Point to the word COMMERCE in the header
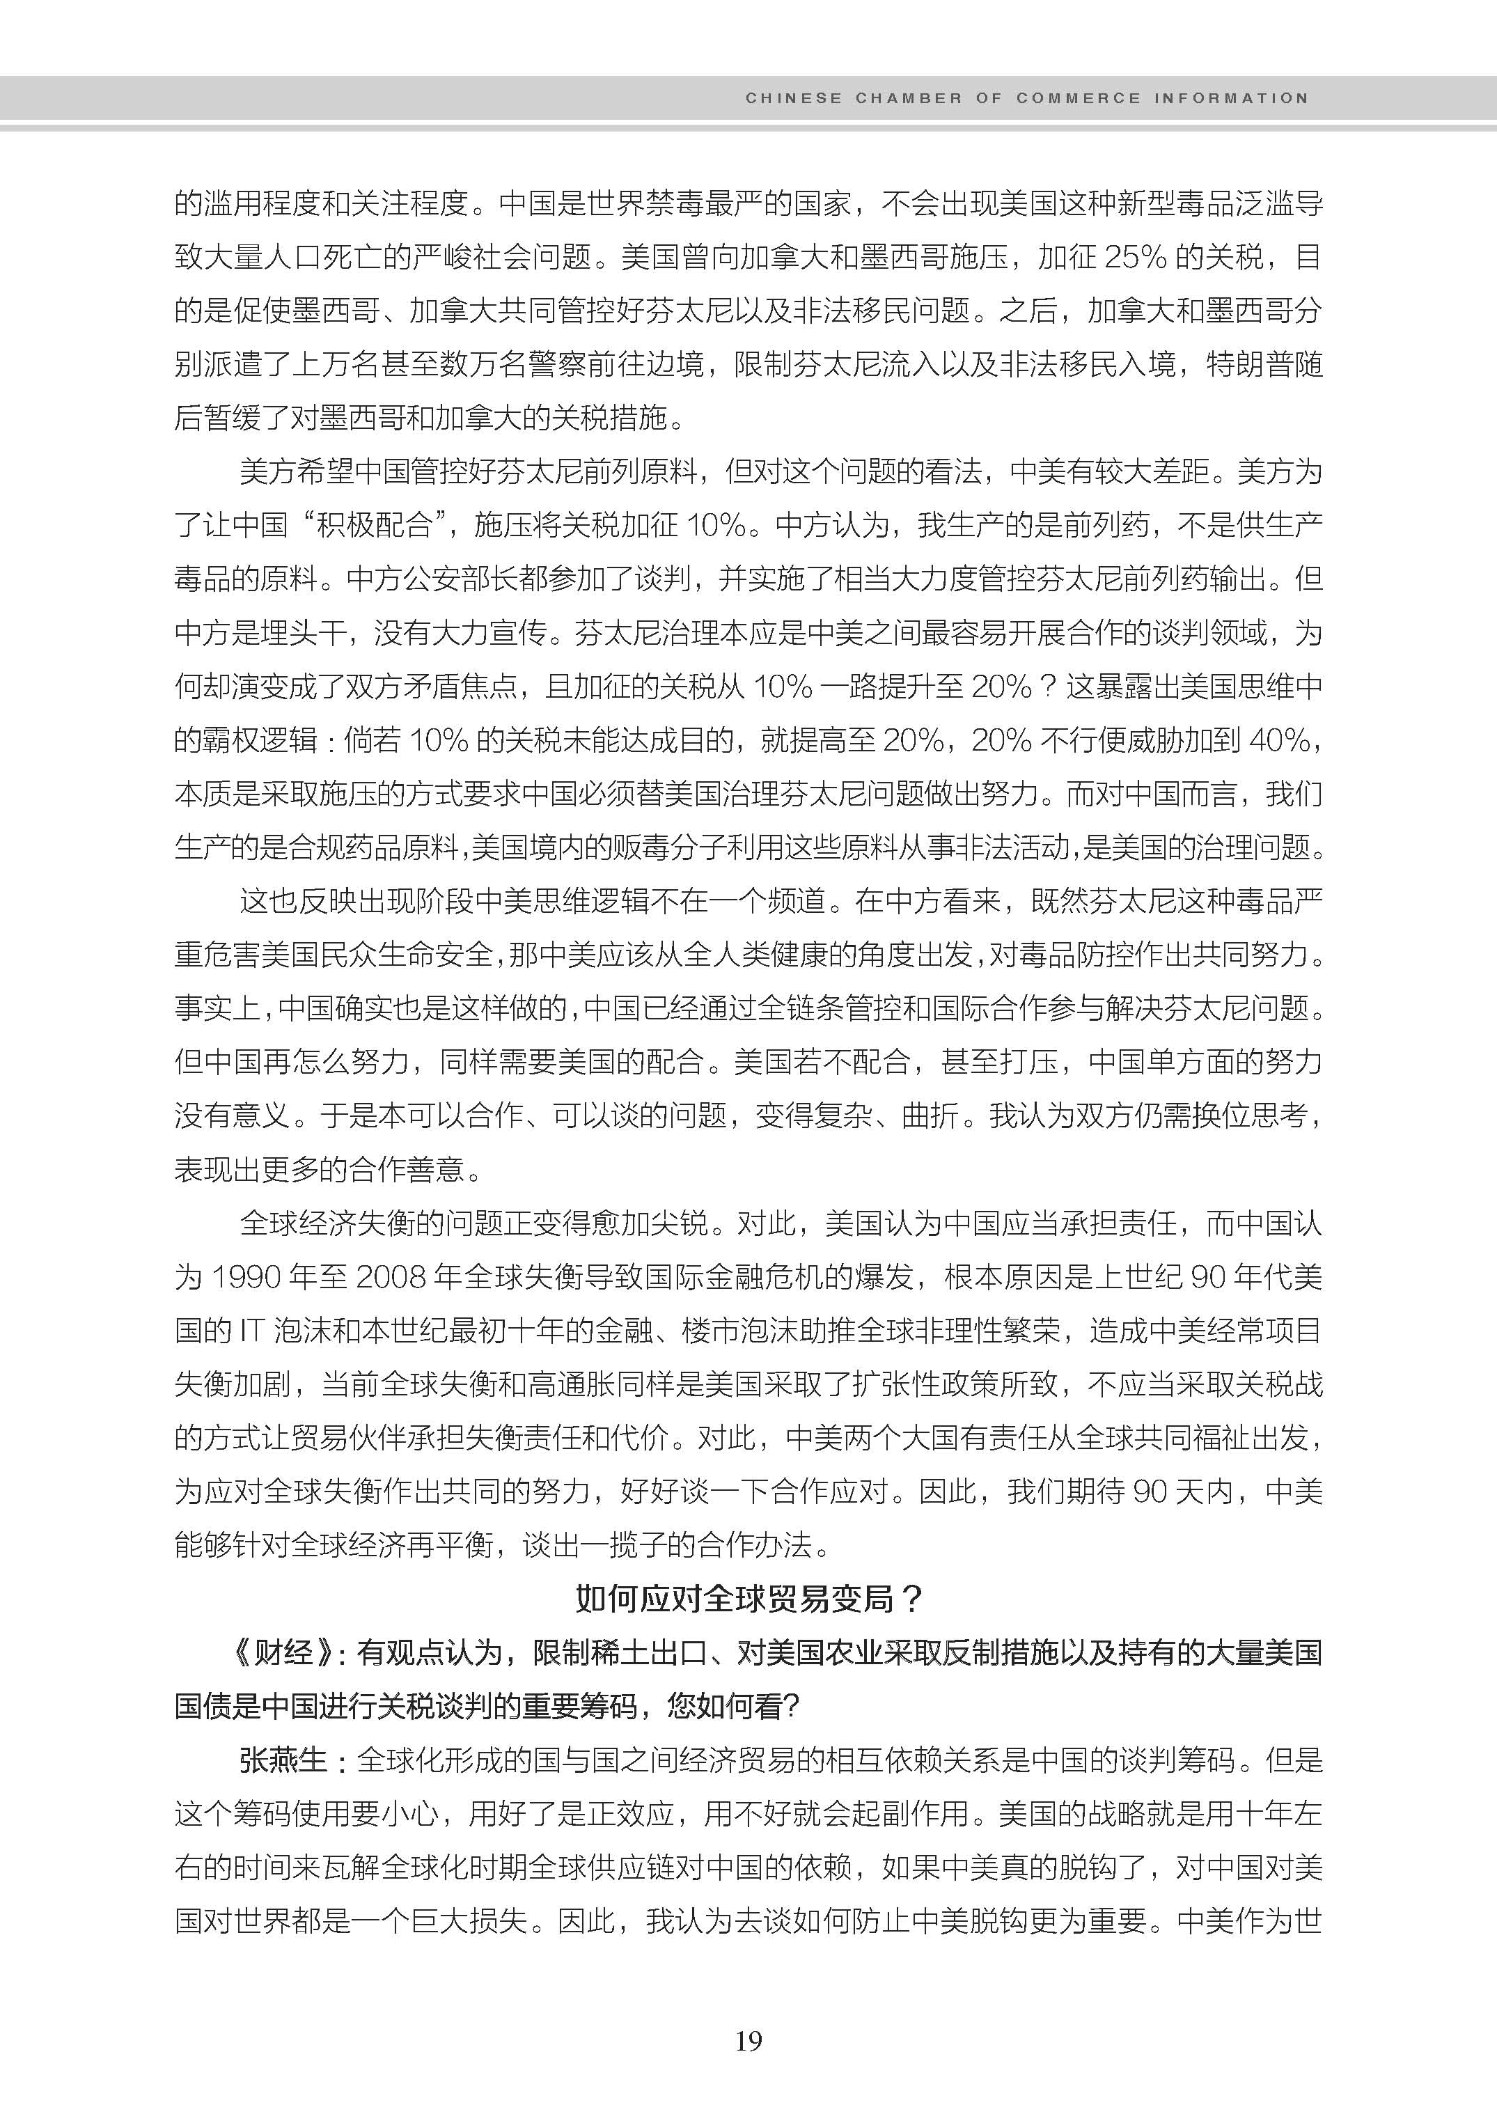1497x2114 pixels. [x=1079, y=97]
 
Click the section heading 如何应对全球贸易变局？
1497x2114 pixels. [x=748, y=1598]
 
